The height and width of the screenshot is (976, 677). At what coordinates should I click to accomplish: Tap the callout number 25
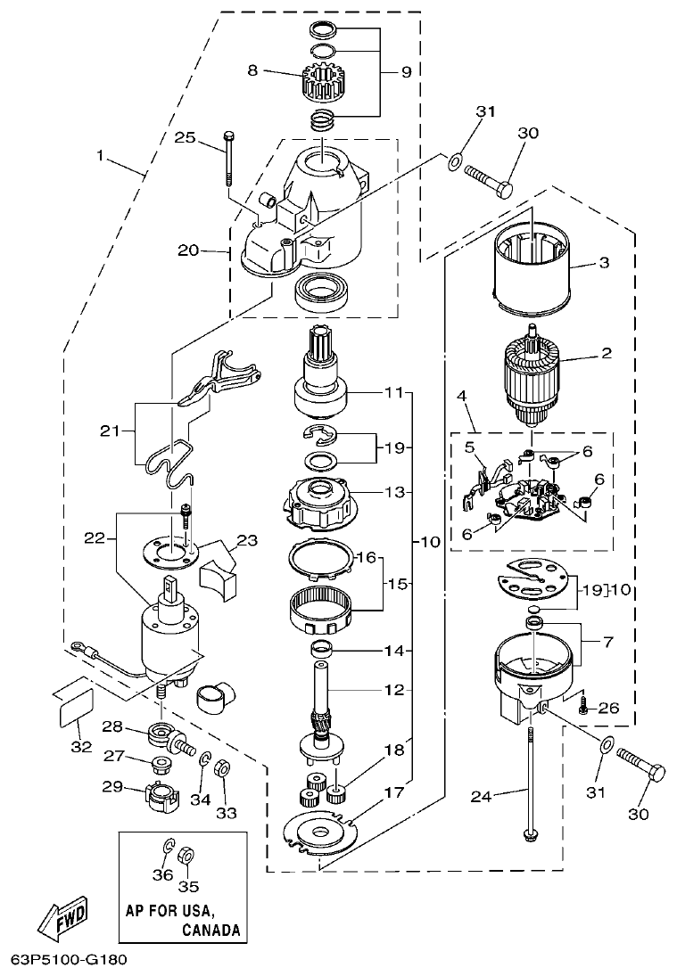tap(185, 137)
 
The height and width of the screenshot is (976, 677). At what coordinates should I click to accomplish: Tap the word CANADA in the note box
tap(211, 930)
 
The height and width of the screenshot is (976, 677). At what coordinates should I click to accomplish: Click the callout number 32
tap(81, 746)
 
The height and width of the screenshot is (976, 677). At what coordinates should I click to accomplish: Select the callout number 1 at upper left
tap(101, 156)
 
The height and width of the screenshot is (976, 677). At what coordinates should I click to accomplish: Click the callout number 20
tap(187, 250)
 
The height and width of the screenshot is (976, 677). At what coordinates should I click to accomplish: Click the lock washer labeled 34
tap(203, 759)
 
